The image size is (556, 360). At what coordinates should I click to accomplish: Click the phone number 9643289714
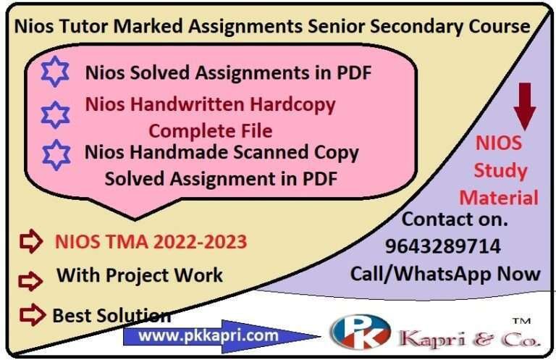click(443, 247)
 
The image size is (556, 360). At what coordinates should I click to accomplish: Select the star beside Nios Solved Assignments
click(56, 71)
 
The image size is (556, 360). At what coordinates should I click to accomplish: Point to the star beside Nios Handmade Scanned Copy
click(56, 155)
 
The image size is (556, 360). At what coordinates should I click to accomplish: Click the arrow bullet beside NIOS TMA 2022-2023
click(31, 243)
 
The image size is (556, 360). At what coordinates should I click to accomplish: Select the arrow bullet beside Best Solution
click(31, 314)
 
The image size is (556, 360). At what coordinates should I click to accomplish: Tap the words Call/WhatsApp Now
click(445, 273)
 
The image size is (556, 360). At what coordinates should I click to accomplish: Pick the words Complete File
click(211, 131)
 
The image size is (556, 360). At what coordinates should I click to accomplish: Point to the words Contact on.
click(455, 219)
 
